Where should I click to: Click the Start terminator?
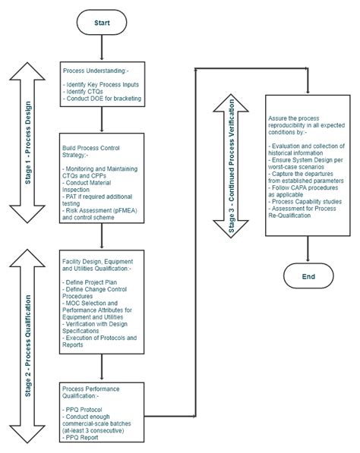pyautogui.click(x=102, y=24)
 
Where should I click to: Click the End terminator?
pyautogui.click(x=308, y=276)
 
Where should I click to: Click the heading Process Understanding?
pyautogui.click(x=96, y=71)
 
